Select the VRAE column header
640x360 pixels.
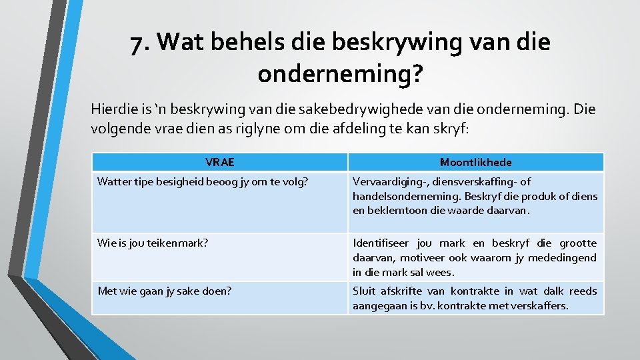pos(219,162)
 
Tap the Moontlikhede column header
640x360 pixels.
pos(475,162)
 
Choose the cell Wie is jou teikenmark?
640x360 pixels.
pos(153,243)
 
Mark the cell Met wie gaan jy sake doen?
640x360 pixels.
pos(165,291)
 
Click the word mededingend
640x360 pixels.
pos(565,258)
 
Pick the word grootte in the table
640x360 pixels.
pos(577,243)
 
